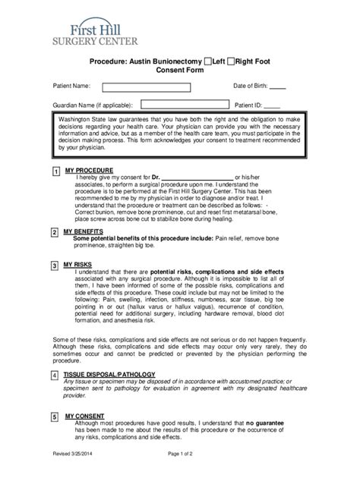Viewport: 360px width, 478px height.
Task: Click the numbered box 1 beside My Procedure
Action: click(x=55, y=172)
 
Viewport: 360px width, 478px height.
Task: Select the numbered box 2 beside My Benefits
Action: click(x=55, y=231)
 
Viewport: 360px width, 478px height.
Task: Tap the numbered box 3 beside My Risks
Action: click(x=55, y=266)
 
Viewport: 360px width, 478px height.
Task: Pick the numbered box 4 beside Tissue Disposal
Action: click(x=55, y=376)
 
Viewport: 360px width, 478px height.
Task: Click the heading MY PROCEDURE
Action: click(x=90, y=170)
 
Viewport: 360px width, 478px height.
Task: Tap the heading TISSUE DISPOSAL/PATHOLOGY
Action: click(x=110, y=374)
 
